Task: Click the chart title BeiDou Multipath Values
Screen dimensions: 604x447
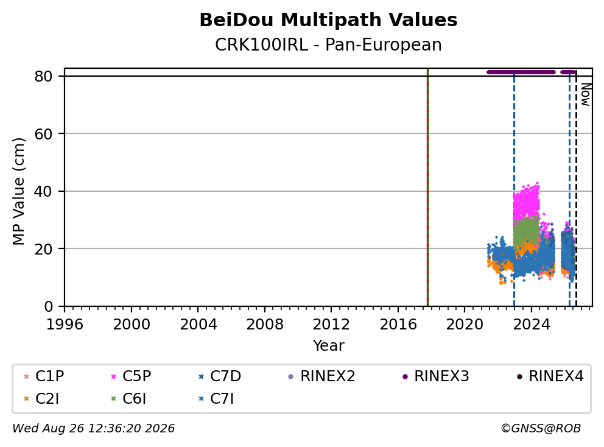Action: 328,20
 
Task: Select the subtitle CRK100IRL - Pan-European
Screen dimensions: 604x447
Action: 328,44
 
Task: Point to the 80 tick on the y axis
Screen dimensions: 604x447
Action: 43,76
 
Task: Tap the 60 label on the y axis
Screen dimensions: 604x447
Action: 43,134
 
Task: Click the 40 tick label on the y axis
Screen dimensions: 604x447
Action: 43,191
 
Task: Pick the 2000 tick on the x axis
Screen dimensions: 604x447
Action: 132,325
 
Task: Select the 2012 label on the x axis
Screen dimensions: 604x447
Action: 331,325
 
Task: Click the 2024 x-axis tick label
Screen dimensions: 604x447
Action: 531,325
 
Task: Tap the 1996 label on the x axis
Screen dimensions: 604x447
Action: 65,325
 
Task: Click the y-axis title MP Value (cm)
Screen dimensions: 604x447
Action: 18,191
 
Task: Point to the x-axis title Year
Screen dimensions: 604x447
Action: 328,346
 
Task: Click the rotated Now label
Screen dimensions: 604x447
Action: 586,94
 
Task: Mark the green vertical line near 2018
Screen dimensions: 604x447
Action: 427,188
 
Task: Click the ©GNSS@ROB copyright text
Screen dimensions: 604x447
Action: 541,428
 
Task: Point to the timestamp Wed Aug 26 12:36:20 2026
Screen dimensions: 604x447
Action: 94,428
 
